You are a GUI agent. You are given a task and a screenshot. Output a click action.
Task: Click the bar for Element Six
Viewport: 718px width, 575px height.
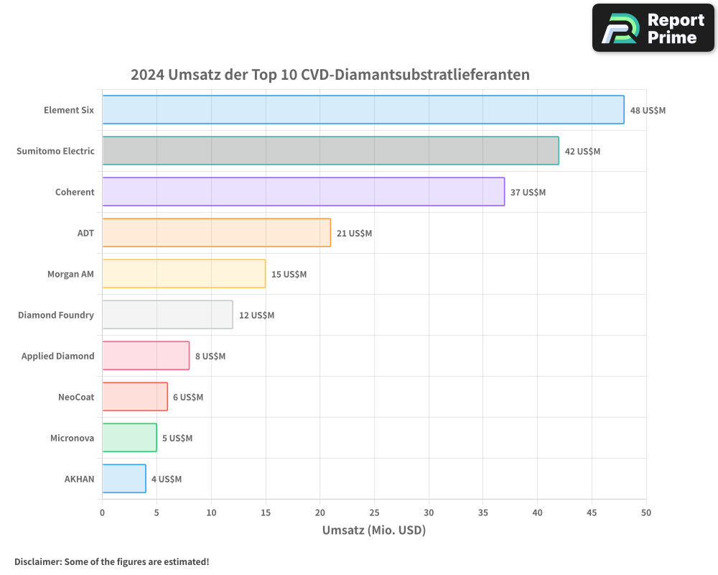click(363, 110)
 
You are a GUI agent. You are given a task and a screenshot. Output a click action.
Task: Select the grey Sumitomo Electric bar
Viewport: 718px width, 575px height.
click(330, 151)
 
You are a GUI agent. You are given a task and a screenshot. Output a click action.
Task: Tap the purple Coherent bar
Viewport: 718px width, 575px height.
click(303, 192)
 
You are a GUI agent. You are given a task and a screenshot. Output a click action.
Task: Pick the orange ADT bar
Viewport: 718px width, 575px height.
click(216, 233)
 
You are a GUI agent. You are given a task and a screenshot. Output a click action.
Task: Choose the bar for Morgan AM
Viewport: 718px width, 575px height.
click(184, 274)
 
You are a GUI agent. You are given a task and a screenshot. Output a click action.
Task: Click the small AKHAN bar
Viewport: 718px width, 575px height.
click(123, 479)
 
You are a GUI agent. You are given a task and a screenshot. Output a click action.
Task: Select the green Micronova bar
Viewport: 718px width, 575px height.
click(129, 438)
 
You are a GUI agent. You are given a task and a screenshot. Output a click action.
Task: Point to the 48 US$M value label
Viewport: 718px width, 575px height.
click(648, 111)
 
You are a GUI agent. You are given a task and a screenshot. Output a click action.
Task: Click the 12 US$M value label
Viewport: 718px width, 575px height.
click(256, 316)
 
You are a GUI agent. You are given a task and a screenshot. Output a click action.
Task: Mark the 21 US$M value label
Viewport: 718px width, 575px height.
click(354, 234)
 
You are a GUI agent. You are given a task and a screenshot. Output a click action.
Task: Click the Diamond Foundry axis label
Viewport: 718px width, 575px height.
click(56, 315)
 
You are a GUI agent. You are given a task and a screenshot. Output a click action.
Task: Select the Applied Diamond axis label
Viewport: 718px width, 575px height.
click(57, 356)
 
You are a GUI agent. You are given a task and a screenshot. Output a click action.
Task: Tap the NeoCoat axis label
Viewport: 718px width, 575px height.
click(76, 397)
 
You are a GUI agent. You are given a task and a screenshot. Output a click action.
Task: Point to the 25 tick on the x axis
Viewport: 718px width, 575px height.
click(374, 512)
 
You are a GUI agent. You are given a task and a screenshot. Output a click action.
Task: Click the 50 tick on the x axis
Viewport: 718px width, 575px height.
click(646, 512)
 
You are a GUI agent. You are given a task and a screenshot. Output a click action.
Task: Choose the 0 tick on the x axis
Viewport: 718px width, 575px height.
click(102, 512)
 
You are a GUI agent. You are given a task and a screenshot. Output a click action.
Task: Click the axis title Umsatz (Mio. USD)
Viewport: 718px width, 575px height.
click(374, 530)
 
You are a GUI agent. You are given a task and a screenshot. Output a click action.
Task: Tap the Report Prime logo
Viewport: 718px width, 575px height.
click(653, 28)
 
